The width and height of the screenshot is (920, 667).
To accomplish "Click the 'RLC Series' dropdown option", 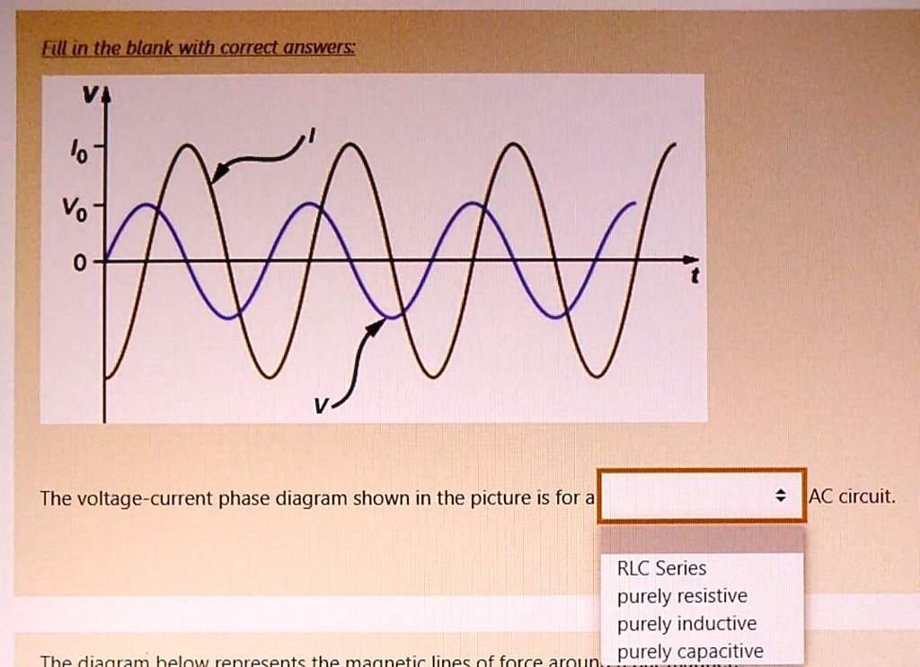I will pos(661,568).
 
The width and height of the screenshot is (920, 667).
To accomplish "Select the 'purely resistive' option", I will pos(681,596).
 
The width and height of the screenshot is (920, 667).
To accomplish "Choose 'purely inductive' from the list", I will pos(686,624).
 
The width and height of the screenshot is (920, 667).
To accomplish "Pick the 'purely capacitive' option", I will pos(690,651).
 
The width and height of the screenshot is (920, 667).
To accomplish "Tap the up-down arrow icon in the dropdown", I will pos(780,496).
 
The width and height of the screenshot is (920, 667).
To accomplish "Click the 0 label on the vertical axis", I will pos(81,263).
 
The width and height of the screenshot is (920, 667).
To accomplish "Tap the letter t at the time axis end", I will pos(694,279).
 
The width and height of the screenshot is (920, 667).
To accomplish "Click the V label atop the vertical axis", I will pos(89,97).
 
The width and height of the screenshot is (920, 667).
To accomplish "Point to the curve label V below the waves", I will pos(320,406).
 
